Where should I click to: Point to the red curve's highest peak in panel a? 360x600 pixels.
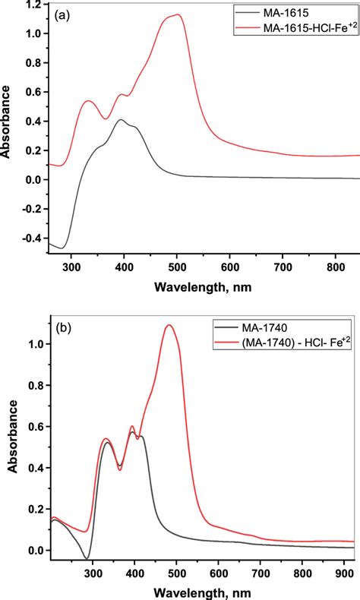pyautogui.click(x=177, y=14)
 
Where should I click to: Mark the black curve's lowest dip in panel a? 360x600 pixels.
pyautogui.click(x=64, y=248)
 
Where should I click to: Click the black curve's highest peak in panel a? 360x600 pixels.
pyautogui.click(x=121, y=119)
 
